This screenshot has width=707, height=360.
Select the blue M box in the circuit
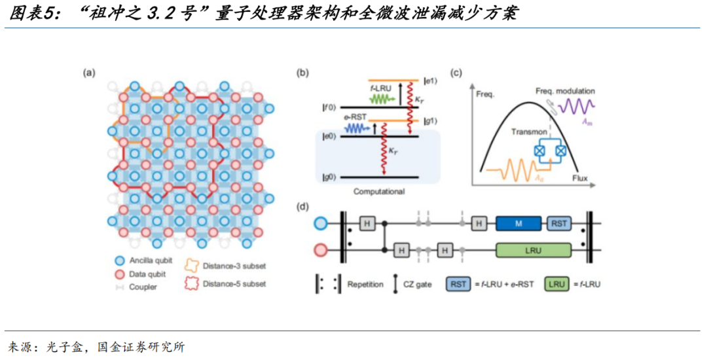pyautogui.click(x=519, y=224)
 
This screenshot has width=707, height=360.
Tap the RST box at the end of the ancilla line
pyautogui.click(x=559, y=224)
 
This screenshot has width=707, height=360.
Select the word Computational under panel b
pyautogui.click(x=379, y=192)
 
